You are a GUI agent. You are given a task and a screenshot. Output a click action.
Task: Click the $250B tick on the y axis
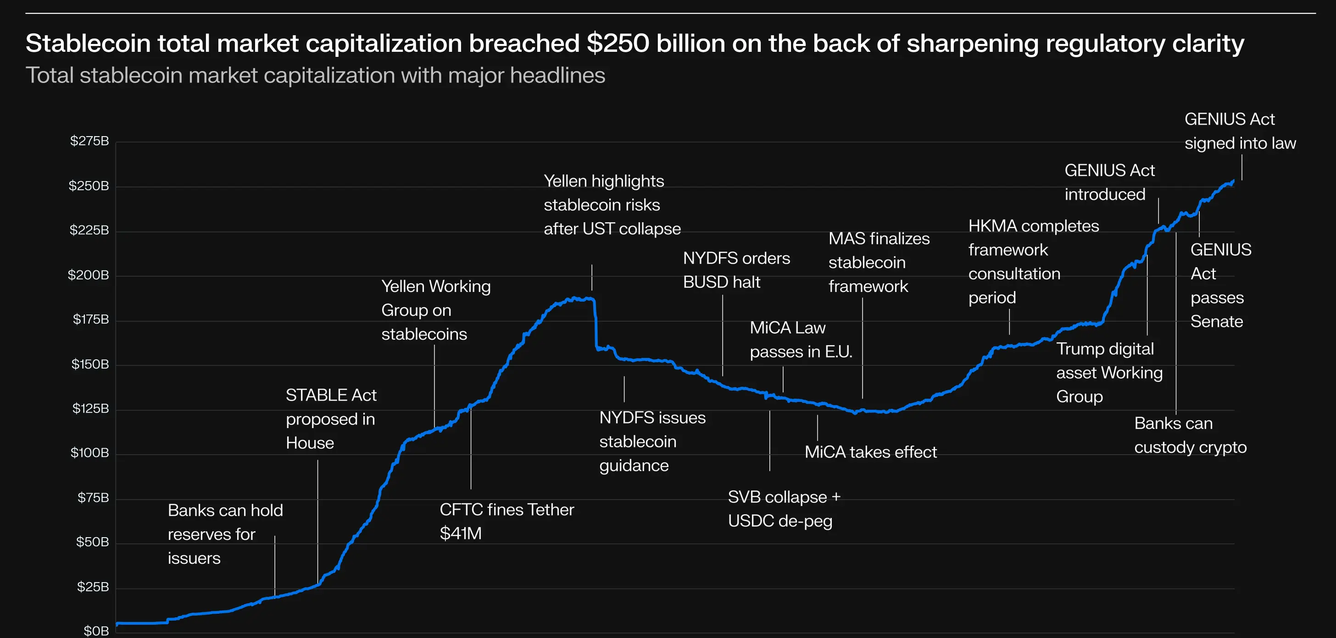click(89, 186)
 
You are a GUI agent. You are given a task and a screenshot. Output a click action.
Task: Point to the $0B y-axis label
click(96, 631)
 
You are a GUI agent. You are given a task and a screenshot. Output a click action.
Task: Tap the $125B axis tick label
click(90, 408)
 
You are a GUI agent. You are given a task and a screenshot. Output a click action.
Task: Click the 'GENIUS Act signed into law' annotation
click(1240, 131)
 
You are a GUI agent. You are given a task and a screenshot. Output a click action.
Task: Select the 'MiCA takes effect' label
click(870, 452)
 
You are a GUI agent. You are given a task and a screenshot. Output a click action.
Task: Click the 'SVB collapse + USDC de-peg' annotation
click(784, 508)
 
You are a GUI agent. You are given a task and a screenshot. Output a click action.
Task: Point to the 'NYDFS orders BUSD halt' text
click(736, 270)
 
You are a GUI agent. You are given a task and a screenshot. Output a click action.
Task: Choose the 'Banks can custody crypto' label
click(1190, 435)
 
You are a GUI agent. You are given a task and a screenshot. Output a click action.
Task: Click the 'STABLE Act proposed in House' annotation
click(331, 419)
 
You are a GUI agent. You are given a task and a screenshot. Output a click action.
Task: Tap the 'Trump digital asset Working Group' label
click(1109, 373)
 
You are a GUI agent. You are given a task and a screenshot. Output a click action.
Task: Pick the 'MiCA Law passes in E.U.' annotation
click(800, 340)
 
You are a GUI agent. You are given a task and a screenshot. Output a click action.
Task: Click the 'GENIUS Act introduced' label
click(1109, 182)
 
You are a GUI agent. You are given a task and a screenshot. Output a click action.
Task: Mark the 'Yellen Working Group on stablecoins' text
click(436, 310)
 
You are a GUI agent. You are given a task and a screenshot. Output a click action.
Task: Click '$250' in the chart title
click(617, 43)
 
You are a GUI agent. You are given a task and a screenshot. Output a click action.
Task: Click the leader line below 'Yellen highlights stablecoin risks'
click(592, 277)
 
